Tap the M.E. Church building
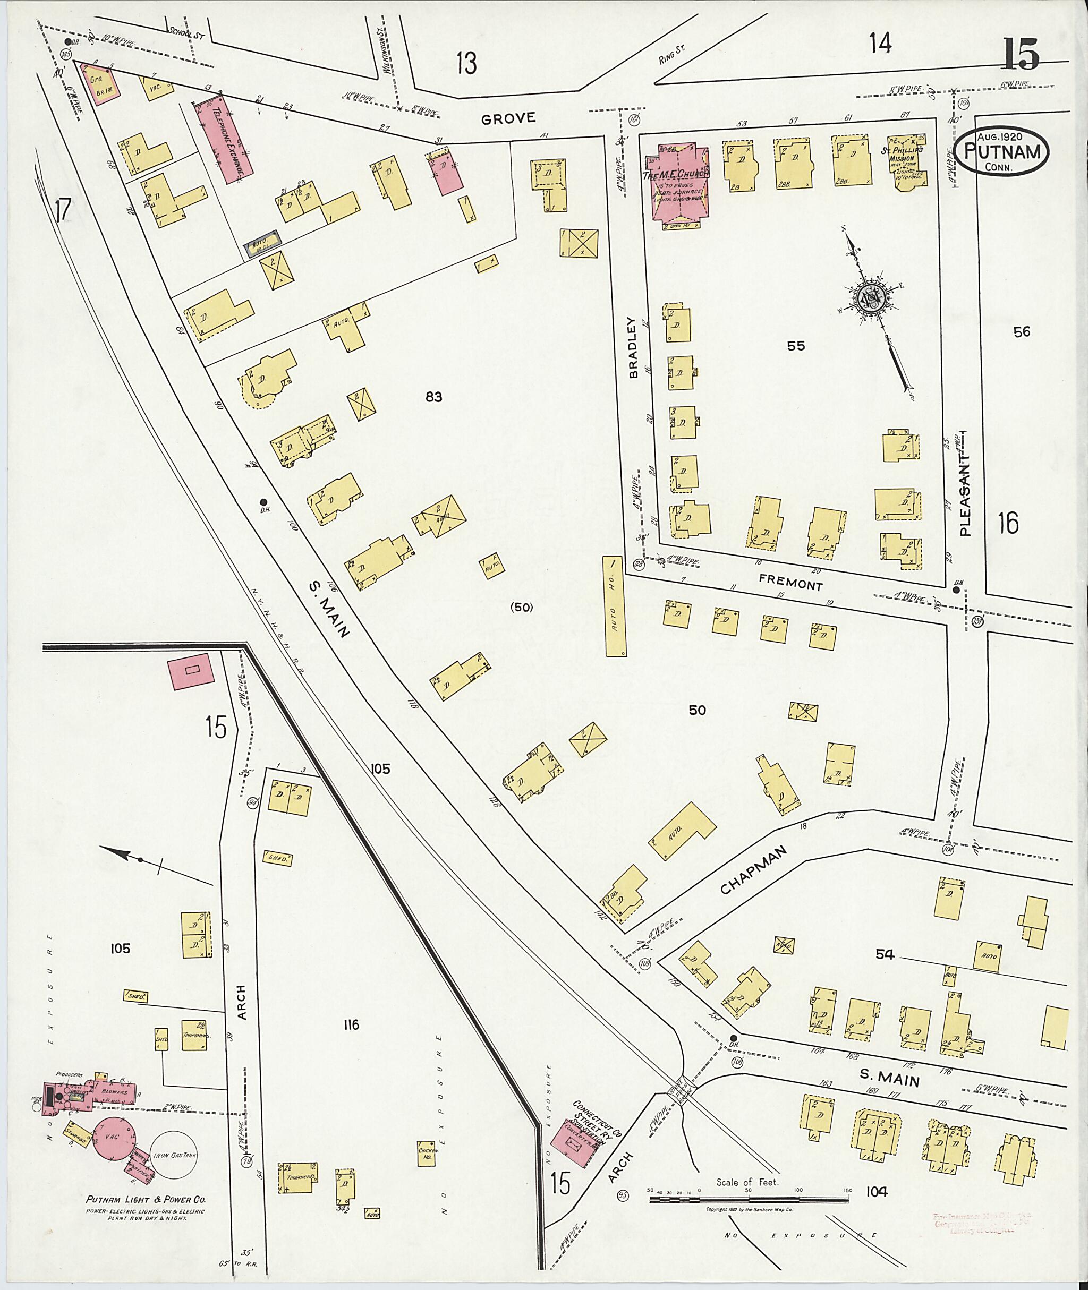682,185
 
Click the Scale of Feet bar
748,1199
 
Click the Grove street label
508,119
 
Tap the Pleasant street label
965,494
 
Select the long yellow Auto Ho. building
614,606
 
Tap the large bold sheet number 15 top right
1021,54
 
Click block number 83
433,397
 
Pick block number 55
796,346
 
